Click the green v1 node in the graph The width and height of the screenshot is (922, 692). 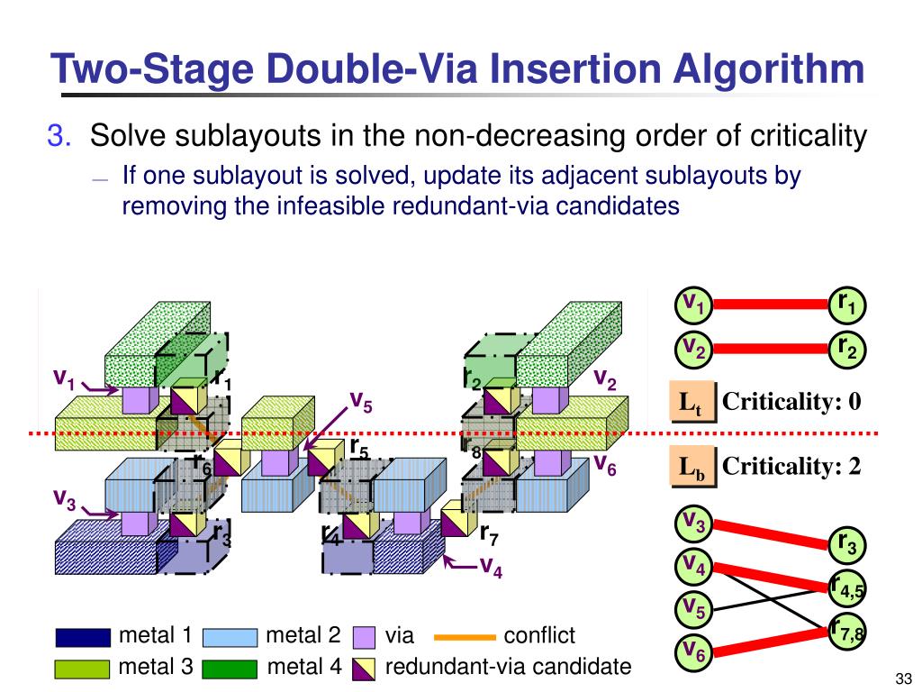(694, 305)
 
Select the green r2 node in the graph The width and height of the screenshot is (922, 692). (847, 348)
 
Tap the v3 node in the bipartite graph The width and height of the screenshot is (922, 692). (694, 522)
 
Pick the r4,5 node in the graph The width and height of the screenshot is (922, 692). (846, 588)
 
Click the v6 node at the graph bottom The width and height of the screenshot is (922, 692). (694, 650)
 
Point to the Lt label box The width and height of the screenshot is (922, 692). (692, 402)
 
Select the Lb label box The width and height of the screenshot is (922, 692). (692, 468)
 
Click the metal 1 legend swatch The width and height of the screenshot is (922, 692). (82, 637)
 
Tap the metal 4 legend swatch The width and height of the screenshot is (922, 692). (230, 669)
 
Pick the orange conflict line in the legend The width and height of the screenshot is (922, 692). (465, 637)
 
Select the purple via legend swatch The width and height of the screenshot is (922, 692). (365, 637)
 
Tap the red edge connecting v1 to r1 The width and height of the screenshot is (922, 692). (770, 305)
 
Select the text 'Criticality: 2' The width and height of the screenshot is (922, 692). (792, 467)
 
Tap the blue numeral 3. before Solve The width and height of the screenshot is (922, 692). (60, 137)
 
